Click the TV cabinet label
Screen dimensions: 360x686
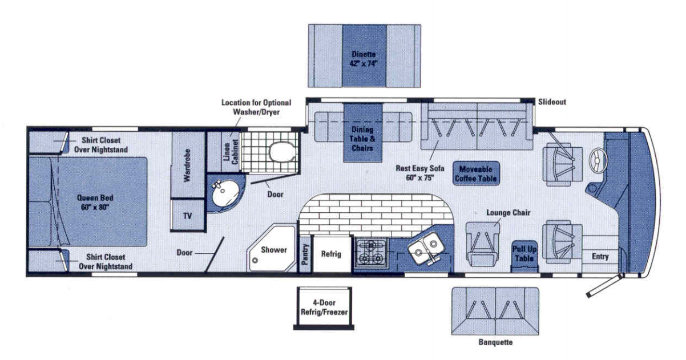187,216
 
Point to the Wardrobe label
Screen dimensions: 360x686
187,169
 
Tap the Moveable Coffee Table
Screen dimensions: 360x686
475,173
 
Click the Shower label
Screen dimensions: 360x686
273,250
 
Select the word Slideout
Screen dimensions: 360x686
552,102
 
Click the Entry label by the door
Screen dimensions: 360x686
600,257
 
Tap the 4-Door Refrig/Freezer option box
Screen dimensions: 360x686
324,307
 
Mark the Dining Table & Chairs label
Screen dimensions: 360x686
362,138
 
